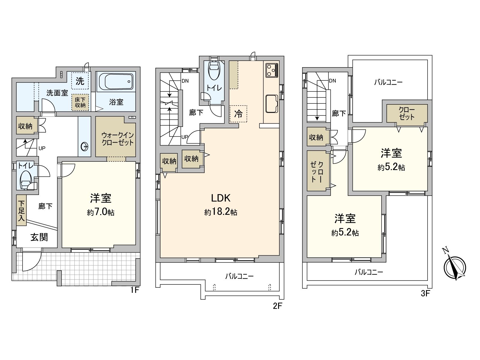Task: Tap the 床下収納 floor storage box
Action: [x=80, y=102]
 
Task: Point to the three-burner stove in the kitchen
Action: [x=272, y=70]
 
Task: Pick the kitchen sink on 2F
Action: [x=272, y=104]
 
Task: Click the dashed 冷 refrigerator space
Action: [x=238, y=114]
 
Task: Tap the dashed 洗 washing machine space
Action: [x=80, y=81]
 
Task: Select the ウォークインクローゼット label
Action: [x=117, y=139]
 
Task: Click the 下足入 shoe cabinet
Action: [x=21, y=210]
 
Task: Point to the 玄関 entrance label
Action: [x=39, y=237]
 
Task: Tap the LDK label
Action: [x=220, y=198]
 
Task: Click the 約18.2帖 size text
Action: [x=220, y=212]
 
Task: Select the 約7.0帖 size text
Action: [x=101, y=212]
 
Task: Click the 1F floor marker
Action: [x=135, y=290]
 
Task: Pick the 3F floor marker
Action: [x=425, y=293]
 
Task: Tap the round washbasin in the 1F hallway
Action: [x=84, y=146]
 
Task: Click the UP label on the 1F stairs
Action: [x=42, y=148]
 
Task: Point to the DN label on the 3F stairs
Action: [x=332, y=81]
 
